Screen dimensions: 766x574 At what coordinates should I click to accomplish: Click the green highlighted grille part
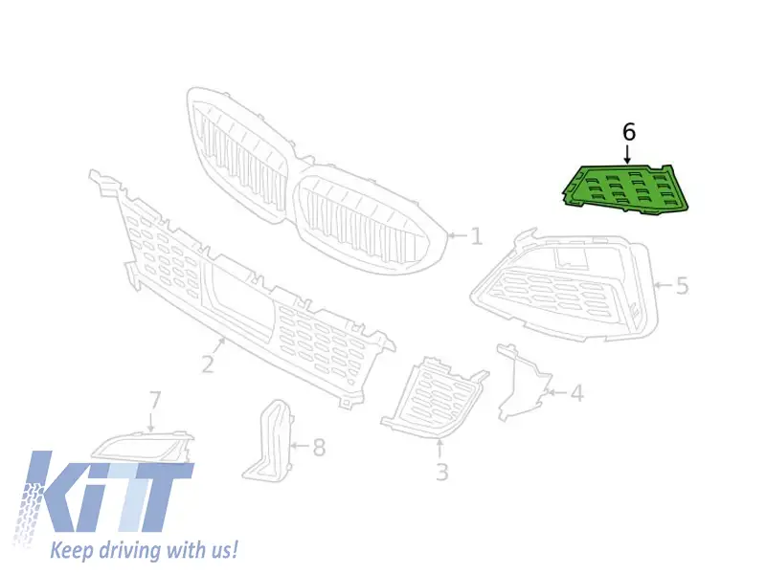coord(624,188)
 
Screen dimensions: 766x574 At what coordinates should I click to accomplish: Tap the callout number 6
coord(629,132)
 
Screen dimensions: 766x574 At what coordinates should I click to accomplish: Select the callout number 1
coord(476,236)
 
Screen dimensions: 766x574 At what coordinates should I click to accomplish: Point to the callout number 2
coord(208,364)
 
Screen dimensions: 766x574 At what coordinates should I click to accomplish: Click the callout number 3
coord(441,472)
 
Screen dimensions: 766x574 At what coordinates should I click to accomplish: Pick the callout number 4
coord(577,393)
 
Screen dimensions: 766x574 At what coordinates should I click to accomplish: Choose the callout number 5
coord(682,285)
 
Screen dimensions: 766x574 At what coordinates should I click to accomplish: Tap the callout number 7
coord(154,400)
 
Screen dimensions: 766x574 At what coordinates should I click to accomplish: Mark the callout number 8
coord(319,447)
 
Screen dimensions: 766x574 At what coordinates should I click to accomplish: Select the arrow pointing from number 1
coord(458,235)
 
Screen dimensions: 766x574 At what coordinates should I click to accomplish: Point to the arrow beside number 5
coord(664,285)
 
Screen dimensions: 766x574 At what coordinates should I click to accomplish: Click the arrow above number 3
coord(439,449)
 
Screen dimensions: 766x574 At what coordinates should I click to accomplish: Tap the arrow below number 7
coord(151,421)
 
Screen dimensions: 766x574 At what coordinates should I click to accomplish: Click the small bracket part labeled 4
coord(522,382)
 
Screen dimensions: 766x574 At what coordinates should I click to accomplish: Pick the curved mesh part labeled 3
coord(434,398)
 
